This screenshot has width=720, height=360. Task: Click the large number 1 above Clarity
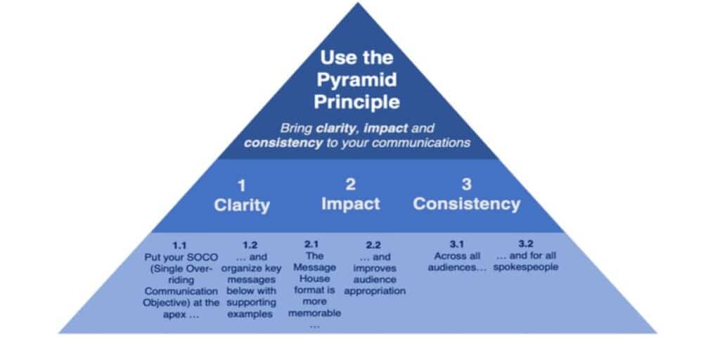[242, 186]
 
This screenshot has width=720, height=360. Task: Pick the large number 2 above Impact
[350, 184]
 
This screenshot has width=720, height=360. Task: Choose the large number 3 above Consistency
[466, 185]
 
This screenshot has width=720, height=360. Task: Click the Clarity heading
[242, 205]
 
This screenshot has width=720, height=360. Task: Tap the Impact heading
[350, 204]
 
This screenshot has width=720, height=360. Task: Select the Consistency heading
[466, 204]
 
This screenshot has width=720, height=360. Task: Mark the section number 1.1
[180, 245]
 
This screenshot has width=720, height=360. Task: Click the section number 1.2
[250, 245]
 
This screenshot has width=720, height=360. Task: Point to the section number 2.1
[314, 245]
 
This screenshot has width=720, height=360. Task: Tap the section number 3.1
[457, 245]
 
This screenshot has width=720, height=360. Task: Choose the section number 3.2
[526, 244]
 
